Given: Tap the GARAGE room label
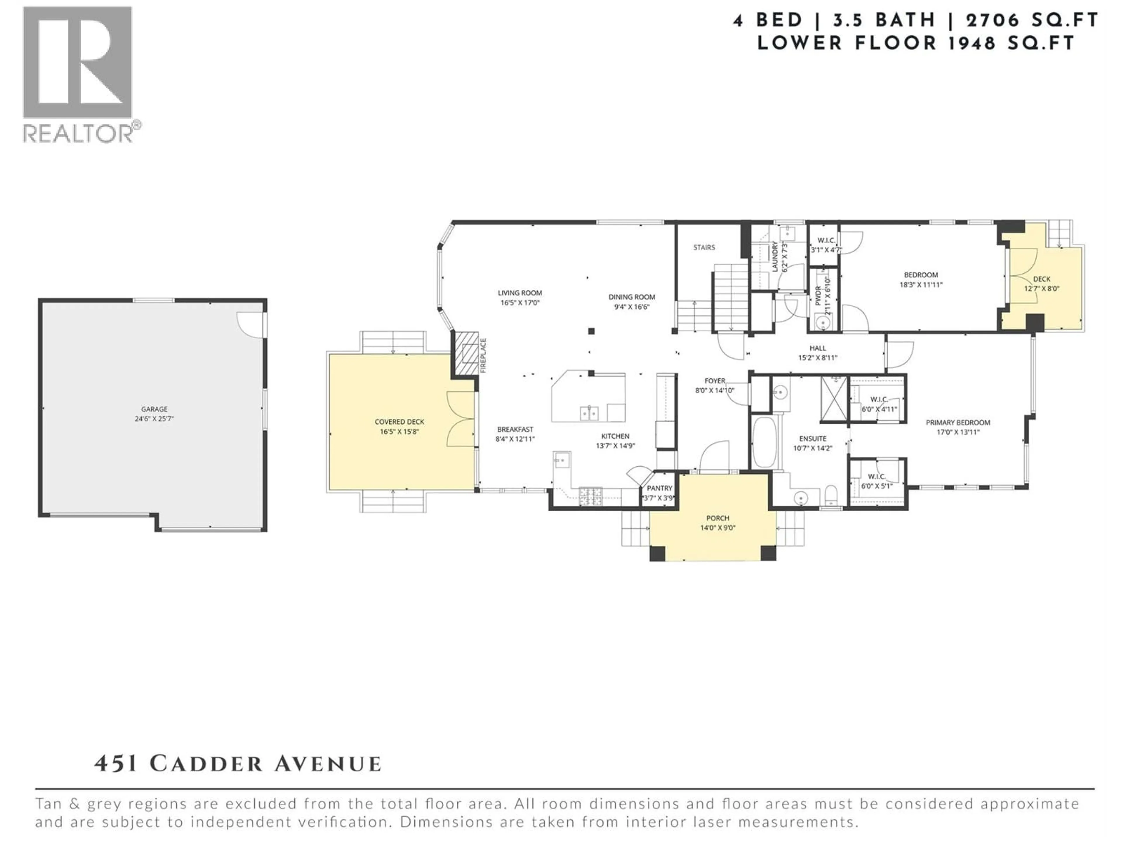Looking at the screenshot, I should coord(154,409).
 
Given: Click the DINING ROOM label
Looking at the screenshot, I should coord(632,297).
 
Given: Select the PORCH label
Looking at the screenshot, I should coord(717,518).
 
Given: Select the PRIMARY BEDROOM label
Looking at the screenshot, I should coord(957,422).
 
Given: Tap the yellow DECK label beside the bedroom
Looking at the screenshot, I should coord(1042,279).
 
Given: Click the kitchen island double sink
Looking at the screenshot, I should coord(589,413).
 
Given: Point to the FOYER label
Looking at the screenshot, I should coord(714,381).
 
